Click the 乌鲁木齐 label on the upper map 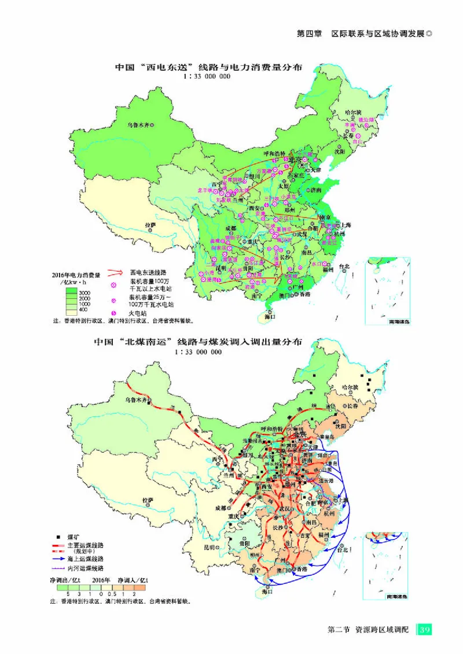click(142, 124)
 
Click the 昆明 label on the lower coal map click(210, 546)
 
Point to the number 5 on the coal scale click(68, 593)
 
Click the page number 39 click(424, 629)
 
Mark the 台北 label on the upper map click(345, 267)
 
